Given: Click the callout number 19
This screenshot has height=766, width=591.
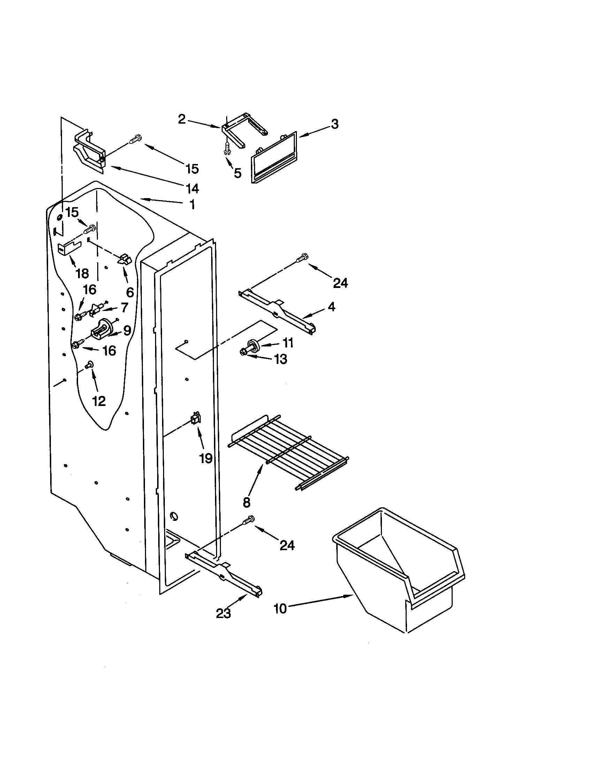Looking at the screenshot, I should click(206, 458).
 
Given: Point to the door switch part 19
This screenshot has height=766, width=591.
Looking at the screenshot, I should click(194, 419).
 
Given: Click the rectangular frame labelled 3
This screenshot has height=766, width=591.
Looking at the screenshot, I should click(274, 157).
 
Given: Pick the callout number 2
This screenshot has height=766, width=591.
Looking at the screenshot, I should click(182, 119).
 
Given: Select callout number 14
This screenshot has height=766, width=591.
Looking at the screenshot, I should click(192, 189).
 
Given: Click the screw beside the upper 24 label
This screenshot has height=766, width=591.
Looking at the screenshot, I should click(302, 258).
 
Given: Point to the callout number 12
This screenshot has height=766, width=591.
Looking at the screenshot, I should click(99, 401).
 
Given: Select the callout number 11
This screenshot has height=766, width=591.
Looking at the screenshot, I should click(288, 343).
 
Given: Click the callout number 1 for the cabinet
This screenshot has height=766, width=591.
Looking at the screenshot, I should click(192, 205).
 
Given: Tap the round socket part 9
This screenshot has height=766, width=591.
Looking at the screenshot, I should click(101, 329).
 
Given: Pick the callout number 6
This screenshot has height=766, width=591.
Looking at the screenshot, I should click(130, 292).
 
